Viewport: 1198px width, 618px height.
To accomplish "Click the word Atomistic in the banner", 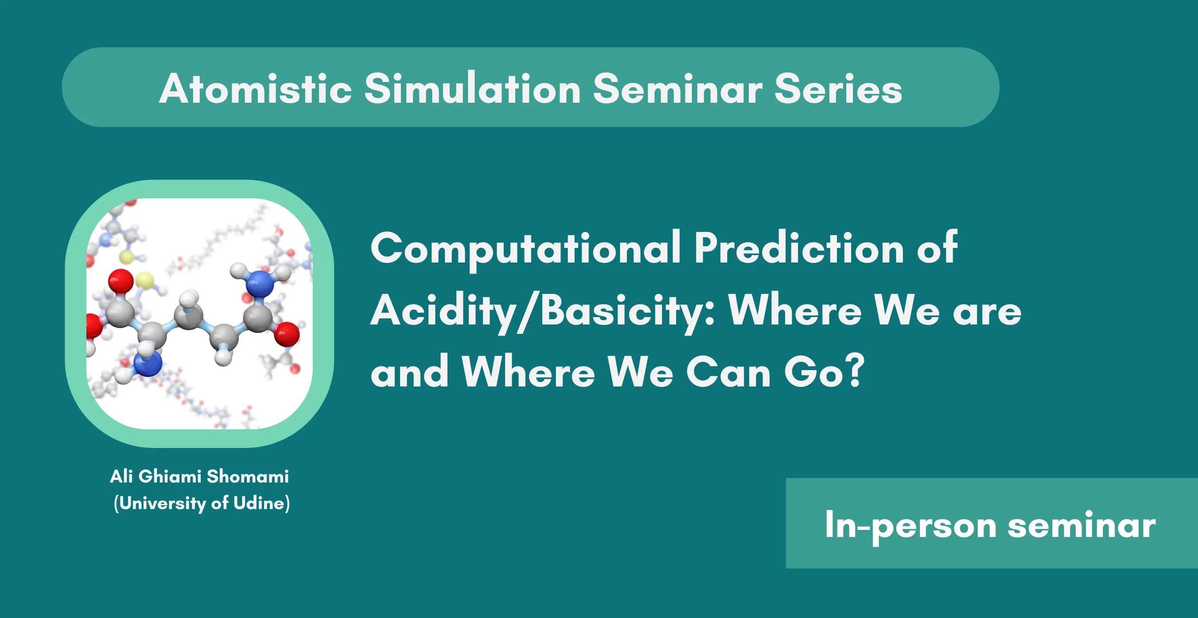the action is tap(255, 88).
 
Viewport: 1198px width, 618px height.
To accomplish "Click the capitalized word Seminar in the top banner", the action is tap(677, 88).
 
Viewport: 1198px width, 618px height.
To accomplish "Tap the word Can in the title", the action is tap(728, 372).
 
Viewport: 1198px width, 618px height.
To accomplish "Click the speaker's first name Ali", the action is tap(121, 476).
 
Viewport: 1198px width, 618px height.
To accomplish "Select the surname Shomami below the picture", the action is tap(248, 476).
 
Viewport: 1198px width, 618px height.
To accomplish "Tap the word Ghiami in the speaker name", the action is tap(170, 476).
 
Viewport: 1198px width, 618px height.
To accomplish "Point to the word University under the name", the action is tap(163, 504).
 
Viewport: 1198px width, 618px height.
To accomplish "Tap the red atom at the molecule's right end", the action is tap(287, 334).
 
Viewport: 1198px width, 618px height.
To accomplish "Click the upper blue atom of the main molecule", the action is tap(261, 283).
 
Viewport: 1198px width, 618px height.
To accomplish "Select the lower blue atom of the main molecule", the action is tap(148, 363).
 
